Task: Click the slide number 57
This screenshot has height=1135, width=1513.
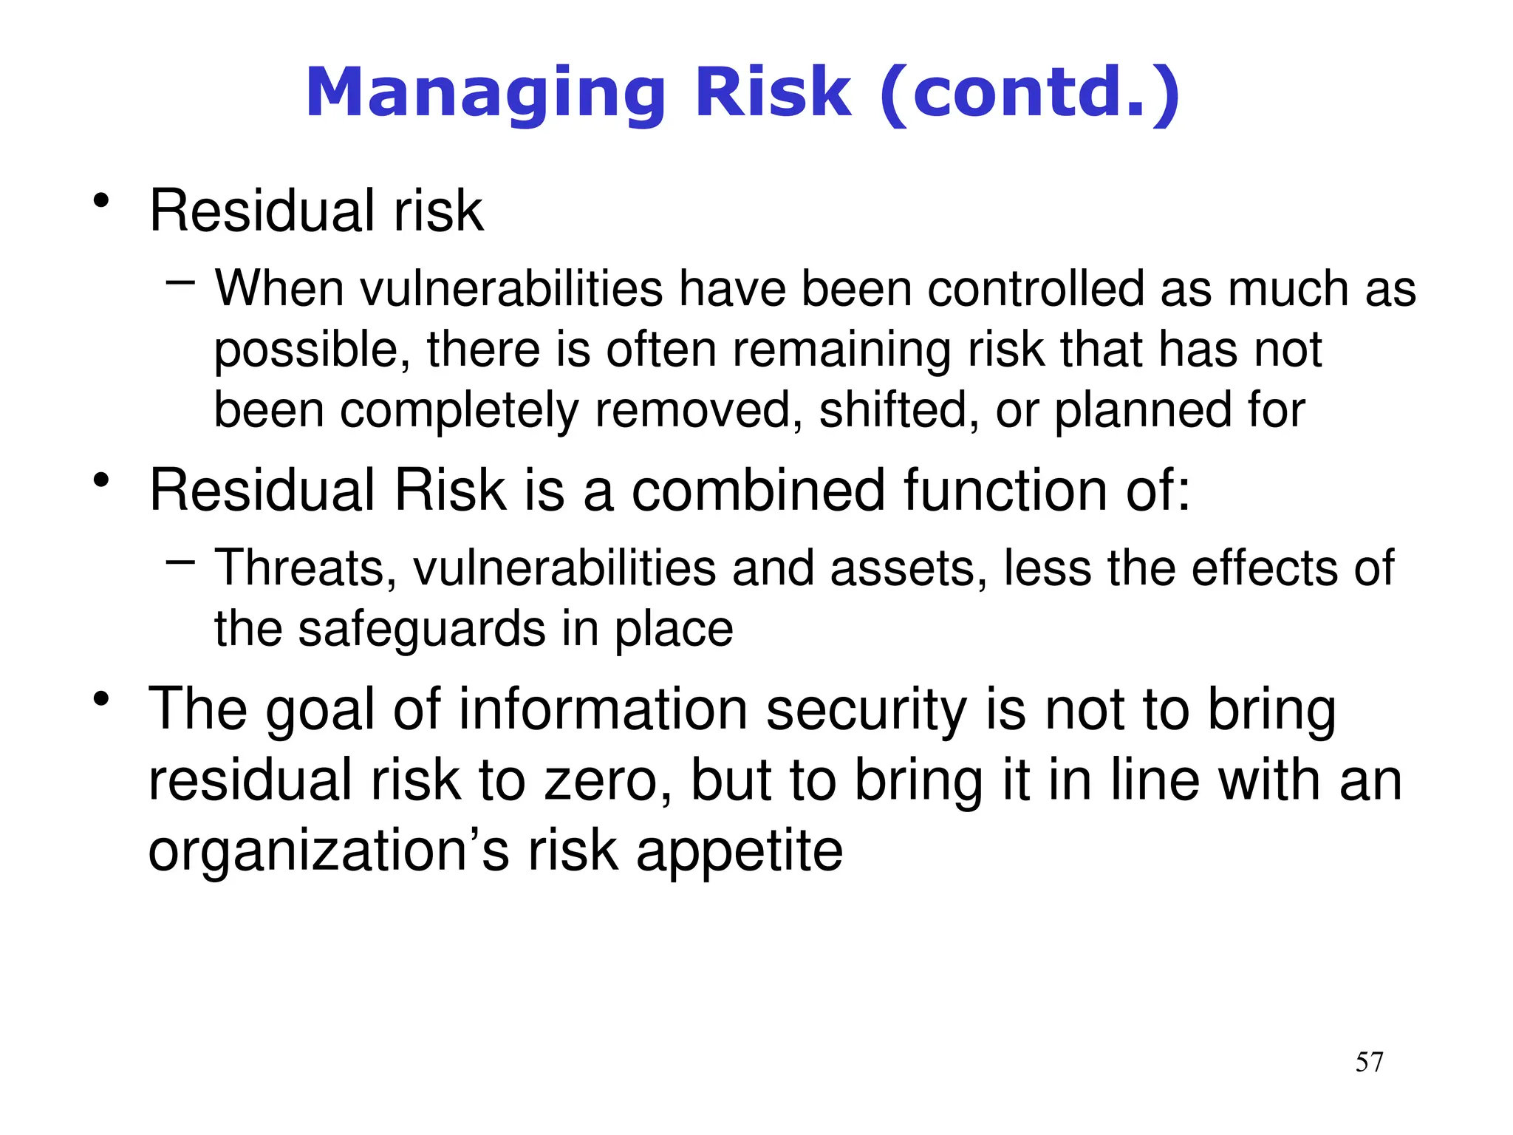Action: click(1369, 1062)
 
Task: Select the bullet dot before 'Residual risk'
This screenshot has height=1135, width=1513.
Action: click(102, 201)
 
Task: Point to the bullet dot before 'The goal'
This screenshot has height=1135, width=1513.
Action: click(102, 698)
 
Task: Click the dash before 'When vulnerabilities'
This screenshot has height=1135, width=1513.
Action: click(181, 282)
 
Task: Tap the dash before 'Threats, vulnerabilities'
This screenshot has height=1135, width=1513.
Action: click(181, 562)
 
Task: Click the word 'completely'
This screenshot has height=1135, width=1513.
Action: click(460, 412)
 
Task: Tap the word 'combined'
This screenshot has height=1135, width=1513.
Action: click(758, 490)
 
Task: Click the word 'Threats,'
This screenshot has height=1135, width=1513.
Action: click(306, 569)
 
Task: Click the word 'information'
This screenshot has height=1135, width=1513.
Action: click(604, 709)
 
